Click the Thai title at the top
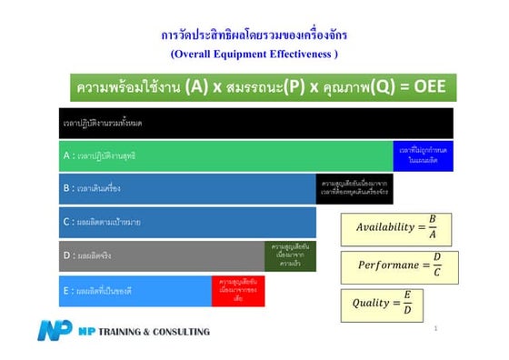coord(254,35)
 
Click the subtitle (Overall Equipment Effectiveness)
coord(254,54)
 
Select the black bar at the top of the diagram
coord(255,123)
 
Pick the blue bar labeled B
coord(187,189)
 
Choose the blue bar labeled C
coord(187,222)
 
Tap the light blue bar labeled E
coord(135,291)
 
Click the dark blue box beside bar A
coord(423,155)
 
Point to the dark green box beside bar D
coord(291,256)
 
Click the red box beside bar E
coord(238,291)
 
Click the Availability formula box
coord(395,227)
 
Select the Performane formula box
coord(395,266)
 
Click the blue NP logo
coord(55,331)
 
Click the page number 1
coord(436,328)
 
